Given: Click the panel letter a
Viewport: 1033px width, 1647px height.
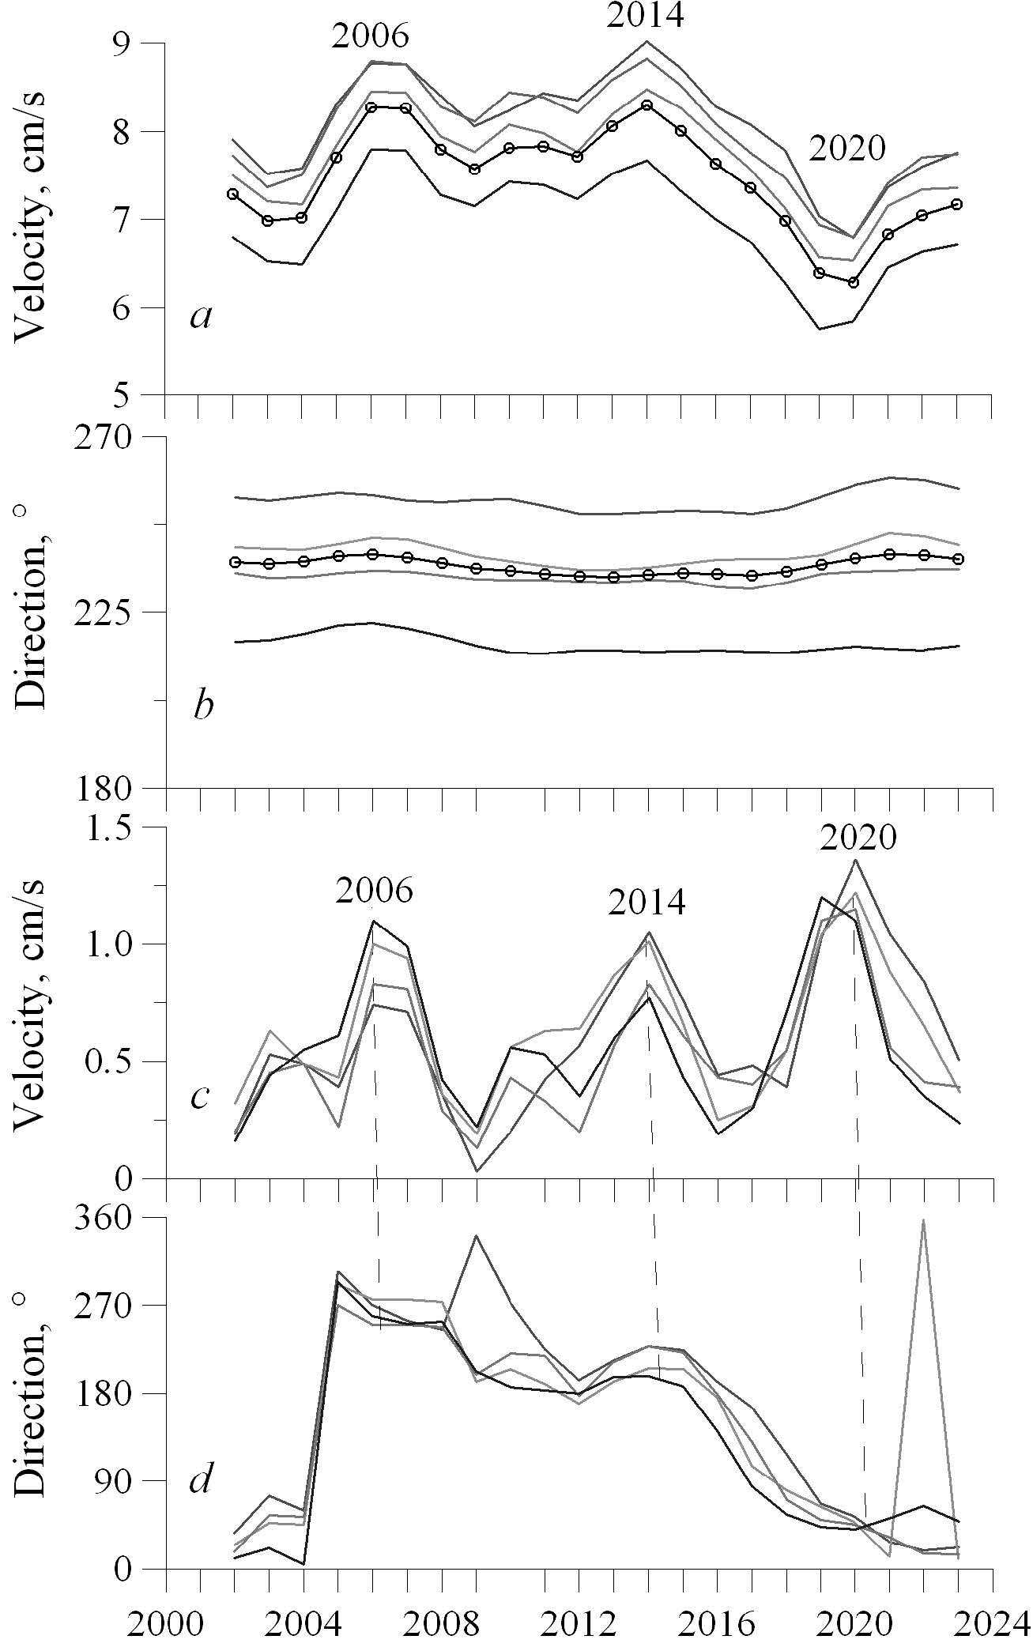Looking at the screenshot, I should tap(202, 318).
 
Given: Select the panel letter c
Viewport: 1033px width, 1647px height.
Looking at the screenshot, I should tap(200, 1096).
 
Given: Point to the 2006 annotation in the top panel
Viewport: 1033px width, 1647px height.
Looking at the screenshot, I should tap(371, 36).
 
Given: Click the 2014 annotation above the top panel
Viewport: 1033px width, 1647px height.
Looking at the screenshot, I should tap(645, 16).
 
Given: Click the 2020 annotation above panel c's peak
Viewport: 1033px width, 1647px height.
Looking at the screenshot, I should tap(858, 838).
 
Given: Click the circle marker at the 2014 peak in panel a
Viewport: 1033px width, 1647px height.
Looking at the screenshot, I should tap(647, 105).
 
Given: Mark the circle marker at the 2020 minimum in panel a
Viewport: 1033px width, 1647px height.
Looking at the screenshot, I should tap(854, 282).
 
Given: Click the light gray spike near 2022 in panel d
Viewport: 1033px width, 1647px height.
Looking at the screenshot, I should tap(922, 1222).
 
